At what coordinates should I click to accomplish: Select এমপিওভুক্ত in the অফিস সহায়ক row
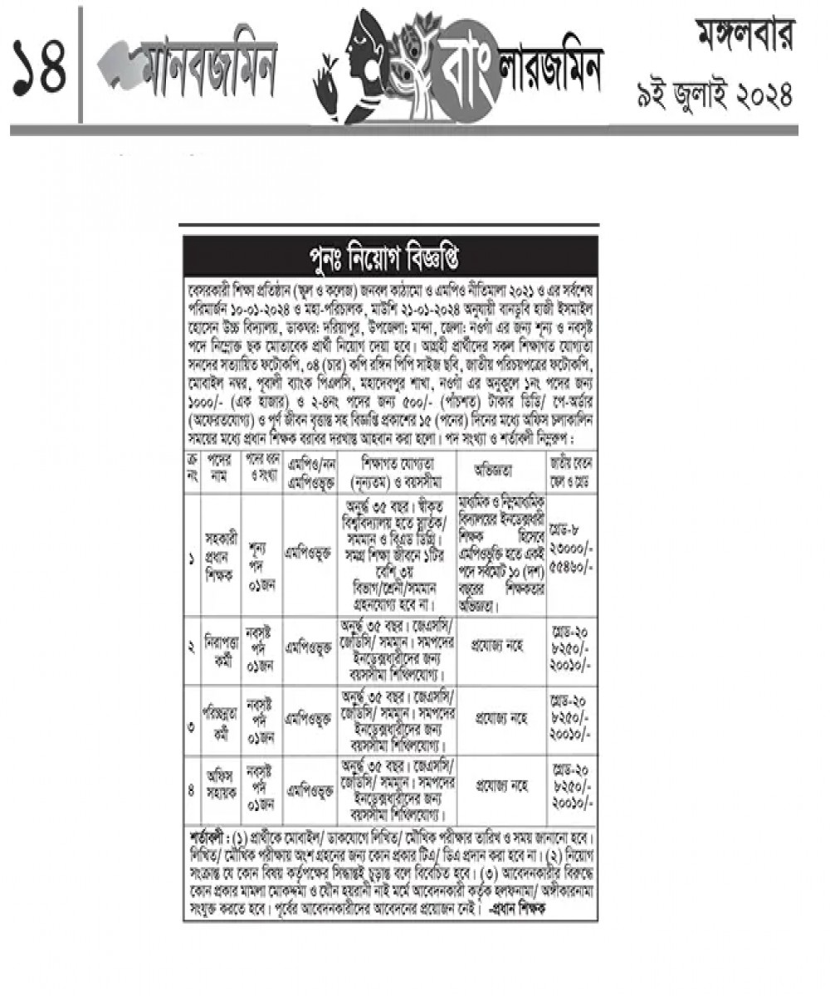pyautogui.click(x=310, y=789)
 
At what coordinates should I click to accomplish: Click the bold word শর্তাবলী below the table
pyautogui.click(x=207, y=832)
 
